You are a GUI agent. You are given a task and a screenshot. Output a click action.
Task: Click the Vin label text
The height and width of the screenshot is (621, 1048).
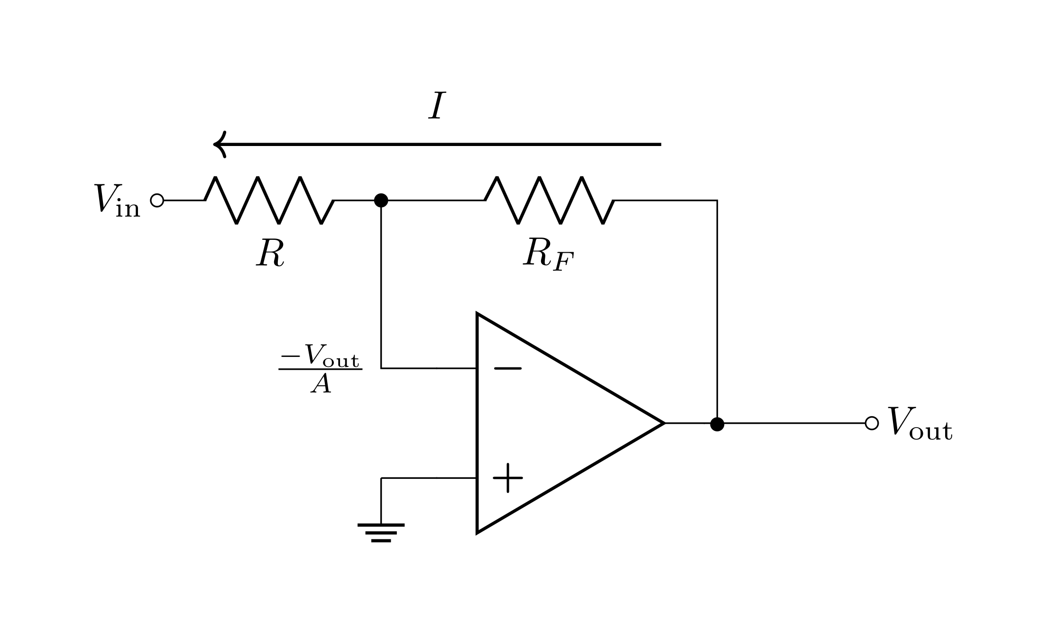[x=117, y=201]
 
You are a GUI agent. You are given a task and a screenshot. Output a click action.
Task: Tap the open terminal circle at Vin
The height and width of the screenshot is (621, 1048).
[x=157, y=201]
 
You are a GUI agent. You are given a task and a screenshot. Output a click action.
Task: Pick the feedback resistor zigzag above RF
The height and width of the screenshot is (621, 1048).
[x=549, y=201]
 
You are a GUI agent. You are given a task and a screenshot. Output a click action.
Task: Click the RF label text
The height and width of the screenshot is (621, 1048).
[x=548, y=255]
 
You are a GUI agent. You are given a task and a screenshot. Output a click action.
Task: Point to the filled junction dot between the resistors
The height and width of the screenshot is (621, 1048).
[x=381, y=201]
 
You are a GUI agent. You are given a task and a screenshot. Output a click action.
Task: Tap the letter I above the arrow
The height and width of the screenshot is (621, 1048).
[x=437, y=106]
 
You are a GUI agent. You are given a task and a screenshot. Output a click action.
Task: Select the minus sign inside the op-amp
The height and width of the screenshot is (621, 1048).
[x=507, y=368]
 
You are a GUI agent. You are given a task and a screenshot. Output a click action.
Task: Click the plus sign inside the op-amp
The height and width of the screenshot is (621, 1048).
[x=507, y=478]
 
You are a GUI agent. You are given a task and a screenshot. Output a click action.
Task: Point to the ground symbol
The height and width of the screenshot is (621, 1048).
[x=381, y=532]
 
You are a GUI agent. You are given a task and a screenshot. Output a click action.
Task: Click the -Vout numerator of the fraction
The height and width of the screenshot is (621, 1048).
[x=321, y=356]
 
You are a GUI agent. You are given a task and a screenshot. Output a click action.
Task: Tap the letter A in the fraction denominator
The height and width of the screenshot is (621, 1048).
[x=321, y=384]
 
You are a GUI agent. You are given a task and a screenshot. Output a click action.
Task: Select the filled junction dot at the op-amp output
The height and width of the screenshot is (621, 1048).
[x=717, y=423]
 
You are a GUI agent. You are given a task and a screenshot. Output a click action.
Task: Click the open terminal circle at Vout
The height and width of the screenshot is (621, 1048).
[x=872, y=423]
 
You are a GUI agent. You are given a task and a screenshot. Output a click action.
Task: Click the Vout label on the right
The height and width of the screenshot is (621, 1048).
[x=919, y=423]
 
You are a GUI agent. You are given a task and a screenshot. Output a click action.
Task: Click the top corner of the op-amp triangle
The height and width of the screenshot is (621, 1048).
[x=478, y=314]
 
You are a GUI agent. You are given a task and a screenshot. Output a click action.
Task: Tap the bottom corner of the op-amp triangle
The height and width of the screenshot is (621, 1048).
[x=478, y=531]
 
